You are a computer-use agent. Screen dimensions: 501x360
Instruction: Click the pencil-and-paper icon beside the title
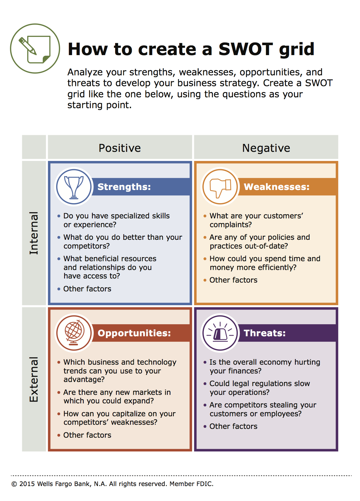pos(35,49)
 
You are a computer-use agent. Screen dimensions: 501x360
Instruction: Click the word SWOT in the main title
pos(246,49)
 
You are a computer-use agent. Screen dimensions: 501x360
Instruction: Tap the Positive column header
pos(120,148)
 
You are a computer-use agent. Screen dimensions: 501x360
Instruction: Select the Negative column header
pos(266,148)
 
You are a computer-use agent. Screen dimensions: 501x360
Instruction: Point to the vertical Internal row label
pos(34,233)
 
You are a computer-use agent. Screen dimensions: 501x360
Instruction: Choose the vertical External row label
pos(34,379)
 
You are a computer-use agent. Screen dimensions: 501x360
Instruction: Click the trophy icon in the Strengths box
pos(74,187)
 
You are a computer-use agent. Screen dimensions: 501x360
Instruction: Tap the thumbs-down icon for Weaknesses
pos(220,187)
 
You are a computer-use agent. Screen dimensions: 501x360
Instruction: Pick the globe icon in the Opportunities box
pos(74,333)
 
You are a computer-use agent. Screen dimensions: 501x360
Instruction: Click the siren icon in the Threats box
pos(220,333)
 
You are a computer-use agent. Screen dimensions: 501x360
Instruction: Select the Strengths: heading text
pos(124,187)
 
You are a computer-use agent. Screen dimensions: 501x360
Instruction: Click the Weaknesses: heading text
pos(277,187)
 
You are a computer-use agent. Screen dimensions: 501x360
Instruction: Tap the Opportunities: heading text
pos(134,333)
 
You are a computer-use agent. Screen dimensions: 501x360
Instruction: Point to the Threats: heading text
pos(265,333)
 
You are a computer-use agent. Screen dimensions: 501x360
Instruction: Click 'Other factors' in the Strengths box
pos(87,289)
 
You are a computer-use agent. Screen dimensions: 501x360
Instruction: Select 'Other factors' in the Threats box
pos(233,426)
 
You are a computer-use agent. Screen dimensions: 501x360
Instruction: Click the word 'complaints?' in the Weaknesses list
pos(231,225)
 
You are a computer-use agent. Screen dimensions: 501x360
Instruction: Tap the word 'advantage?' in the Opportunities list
pos(84,379)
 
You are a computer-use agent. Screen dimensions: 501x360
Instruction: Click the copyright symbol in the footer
pos(14,484)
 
